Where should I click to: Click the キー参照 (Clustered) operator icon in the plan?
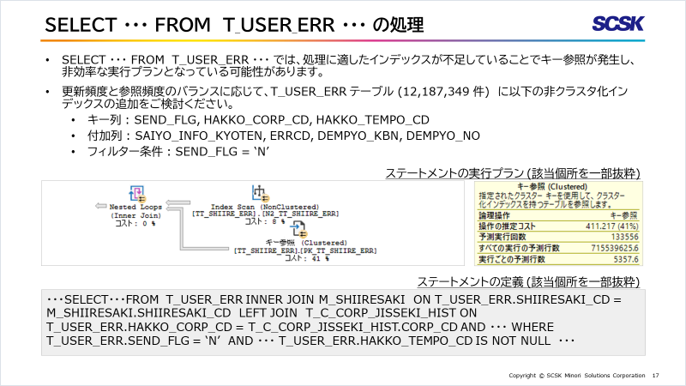(x=299, y=229)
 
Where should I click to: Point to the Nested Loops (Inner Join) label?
(x=135, y=211)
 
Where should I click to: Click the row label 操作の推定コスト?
(x=505, y=225)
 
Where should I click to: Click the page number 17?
(x=655, y=376)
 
